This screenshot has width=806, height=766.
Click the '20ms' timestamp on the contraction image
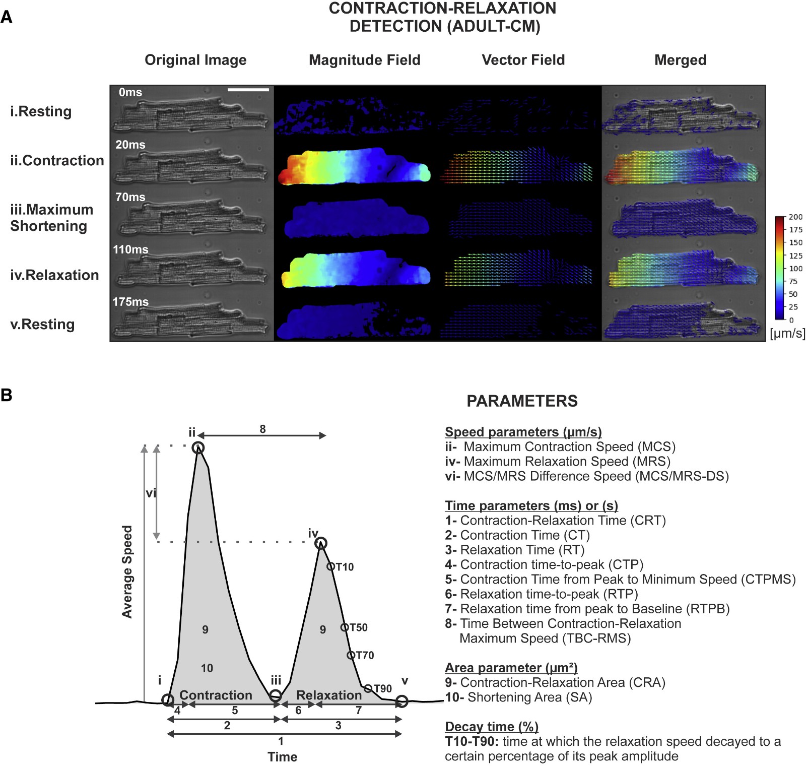point(130,145)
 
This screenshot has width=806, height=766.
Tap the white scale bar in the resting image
point(248,90)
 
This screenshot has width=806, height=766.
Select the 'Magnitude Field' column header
point(364,60)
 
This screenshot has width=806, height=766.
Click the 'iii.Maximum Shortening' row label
point(51,218)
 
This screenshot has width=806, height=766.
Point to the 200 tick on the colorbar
point(795,217)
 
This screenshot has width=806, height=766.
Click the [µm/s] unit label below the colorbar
point(787,333)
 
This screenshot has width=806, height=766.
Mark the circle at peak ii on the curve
point(198,448)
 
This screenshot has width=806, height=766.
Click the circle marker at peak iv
point(321,543)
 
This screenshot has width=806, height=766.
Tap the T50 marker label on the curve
point(358,627)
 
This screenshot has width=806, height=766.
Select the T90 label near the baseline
point(382,688)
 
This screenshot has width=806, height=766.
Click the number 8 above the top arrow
point(262,429)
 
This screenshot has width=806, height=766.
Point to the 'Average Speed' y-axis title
point(127,571)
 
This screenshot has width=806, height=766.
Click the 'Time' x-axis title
point(282,756)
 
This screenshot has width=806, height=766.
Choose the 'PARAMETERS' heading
point(522,401)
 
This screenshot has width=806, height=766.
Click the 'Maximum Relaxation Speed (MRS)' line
point(567,462)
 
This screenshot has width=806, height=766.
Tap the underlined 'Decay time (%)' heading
point(492,727)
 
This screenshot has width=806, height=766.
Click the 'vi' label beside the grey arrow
point(151,493)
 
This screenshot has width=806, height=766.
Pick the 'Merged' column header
point(680,60)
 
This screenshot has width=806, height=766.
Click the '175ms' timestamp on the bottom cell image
point(130,302)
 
